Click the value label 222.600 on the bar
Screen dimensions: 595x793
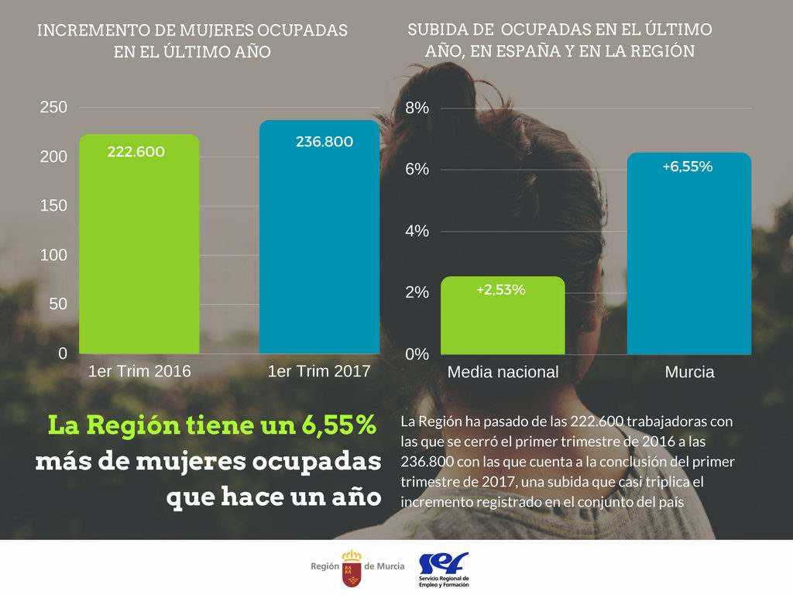click(136, 153)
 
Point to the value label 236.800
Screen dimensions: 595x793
click(324, 142)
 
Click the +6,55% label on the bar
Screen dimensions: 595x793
click(688, 167)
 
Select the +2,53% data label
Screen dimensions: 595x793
click(501, 290)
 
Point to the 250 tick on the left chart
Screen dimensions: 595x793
click(53, 108)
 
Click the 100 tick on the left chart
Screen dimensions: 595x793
click(53, 255)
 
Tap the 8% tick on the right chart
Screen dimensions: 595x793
click(417, 108)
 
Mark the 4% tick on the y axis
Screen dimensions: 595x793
click(417, 231)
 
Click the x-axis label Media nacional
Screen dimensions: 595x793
click(503, 372)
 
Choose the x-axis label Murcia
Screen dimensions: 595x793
click(689, 372)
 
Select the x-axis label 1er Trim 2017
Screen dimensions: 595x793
click(319, 371)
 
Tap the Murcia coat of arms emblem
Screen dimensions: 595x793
click(352, 568)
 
